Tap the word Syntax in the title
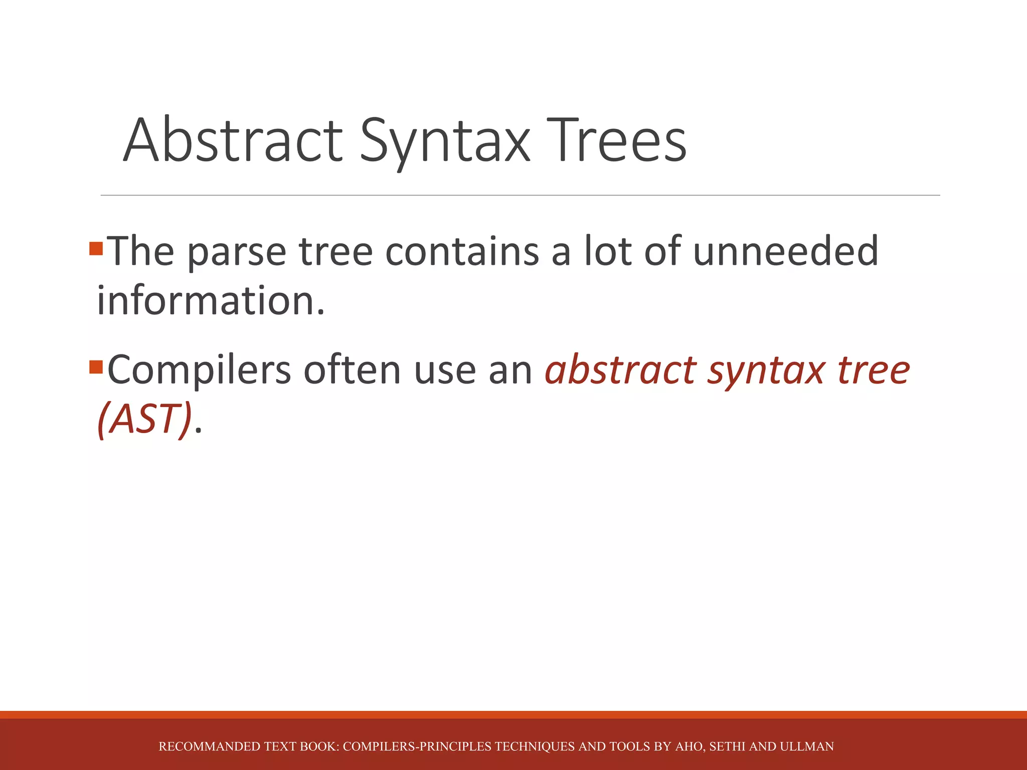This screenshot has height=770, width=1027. pos(445,141)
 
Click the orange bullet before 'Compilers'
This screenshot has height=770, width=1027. pos(96,367)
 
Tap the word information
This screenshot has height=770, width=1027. pos(211,301)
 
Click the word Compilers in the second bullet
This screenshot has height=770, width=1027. pos(199,370)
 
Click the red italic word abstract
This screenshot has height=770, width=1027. pos(621,369)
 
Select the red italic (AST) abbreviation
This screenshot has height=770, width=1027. pos(144,419)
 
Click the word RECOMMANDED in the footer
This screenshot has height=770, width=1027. pos(210,746)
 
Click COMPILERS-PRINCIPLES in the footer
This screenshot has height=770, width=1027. pos(417,746)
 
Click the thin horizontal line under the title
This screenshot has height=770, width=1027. pos(520,195)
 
